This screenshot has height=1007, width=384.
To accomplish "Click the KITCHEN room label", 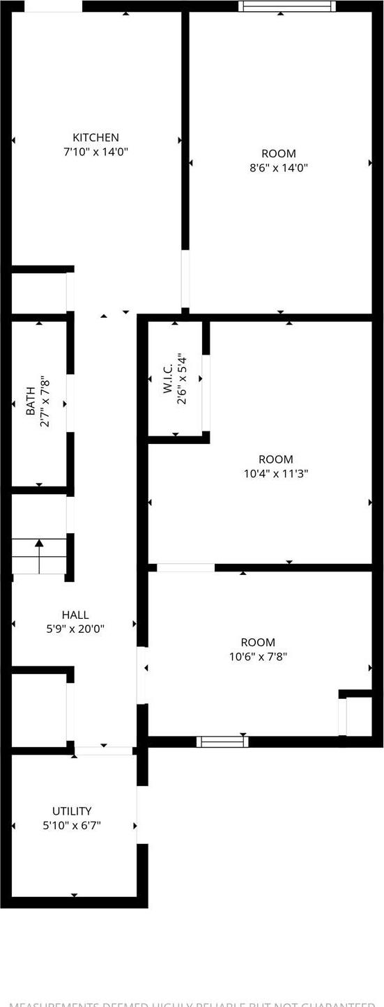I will [x=96, y=137].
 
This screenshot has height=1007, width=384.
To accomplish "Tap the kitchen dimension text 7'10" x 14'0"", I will [x=96, y=151].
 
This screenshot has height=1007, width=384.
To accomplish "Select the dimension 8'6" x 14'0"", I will [x=279, y=167].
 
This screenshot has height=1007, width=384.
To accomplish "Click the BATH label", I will [x=31, y=405].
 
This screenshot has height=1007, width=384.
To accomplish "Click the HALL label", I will [x=75, y=615].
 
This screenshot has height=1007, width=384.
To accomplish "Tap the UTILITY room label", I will [x=72, y=811].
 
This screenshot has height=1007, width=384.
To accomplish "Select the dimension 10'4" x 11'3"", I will [x=276, y=473].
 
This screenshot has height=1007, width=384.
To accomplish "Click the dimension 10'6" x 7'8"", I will [x=258, y=656].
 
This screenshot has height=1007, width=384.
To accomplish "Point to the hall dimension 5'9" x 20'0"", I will [x=75, y=628].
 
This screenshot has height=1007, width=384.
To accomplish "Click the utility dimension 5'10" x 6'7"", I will [x=72, y=825].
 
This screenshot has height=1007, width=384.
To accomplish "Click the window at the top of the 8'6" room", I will [x=286, y=6].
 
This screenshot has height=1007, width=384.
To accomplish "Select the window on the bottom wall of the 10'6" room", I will [x=222, y=741].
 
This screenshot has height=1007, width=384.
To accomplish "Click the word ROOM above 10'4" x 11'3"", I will [x=276, y=459].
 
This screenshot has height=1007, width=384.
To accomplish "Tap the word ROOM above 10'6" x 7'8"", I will [x=258, y=642].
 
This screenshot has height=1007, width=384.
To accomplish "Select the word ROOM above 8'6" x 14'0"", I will [x=279, y=153].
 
